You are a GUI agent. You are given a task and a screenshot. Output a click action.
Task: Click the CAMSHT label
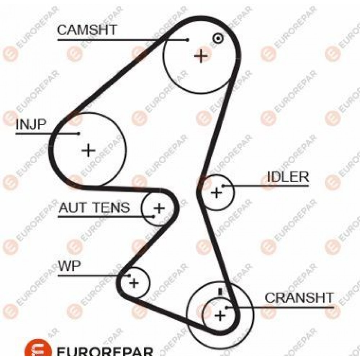[87, 30]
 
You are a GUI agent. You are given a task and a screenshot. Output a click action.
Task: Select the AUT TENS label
[94, 208]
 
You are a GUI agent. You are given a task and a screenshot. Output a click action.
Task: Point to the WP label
[69, 266]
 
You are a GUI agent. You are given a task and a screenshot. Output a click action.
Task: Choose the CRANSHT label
[299, 298]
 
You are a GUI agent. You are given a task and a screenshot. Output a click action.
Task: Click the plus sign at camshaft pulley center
[201, 56]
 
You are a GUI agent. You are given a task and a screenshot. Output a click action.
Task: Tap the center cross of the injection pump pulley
[89, 150]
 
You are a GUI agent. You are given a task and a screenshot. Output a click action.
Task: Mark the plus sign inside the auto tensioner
[159, 208]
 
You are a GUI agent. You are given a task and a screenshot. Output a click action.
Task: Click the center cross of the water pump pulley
[134, 283]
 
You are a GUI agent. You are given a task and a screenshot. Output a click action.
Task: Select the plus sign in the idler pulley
[216, 192]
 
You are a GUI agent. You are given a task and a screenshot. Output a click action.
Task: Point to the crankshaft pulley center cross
[220, 315]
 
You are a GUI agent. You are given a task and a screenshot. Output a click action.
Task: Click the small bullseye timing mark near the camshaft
[217, 39]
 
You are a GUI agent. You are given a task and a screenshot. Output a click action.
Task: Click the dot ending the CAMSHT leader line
[188, 40]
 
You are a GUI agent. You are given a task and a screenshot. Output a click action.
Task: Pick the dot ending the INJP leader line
[78, 133]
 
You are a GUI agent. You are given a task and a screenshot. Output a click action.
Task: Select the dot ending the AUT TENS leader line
[154, 216]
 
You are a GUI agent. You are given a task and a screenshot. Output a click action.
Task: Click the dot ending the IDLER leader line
[222, 185]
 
